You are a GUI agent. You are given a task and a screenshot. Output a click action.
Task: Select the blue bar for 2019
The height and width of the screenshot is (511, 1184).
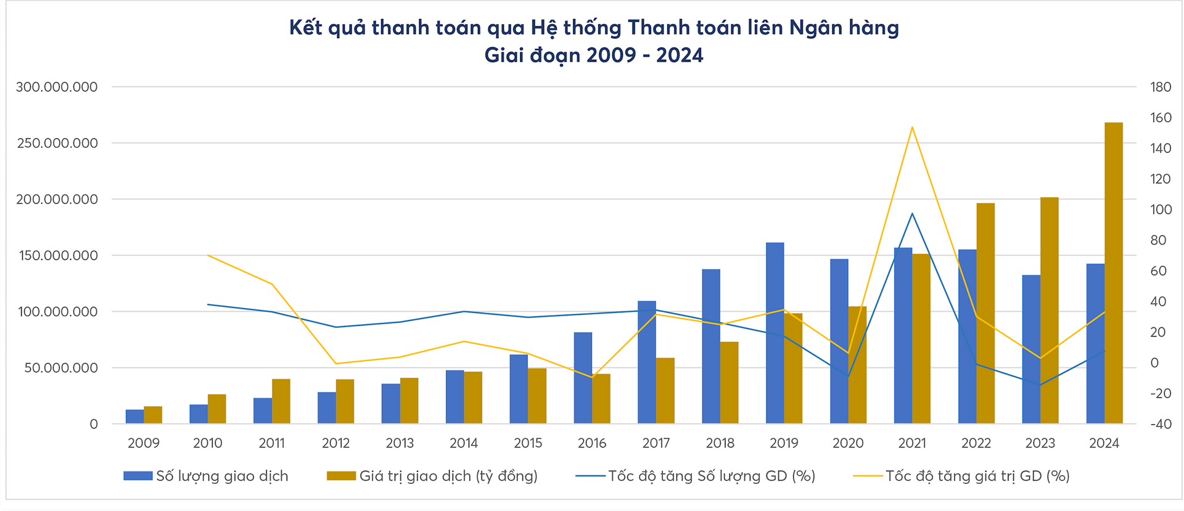[x=775, y=333]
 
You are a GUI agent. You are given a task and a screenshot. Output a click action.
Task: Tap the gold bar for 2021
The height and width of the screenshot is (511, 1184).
[x=921, y=338]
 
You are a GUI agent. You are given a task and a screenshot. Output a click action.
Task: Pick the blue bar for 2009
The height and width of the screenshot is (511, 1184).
[x=134, y=417]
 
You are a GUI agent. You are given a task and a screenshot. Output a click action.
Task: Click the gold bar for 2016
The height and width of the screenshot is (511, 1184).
[x=601, y=398]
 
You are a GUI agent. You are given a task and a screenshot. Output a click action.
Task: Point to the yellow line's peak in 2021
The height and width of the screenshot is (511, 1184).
[x=912, y=128]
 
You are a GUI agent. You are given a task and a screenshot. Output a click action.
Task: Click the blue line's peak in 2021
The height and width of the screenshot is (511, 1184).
[x=912, y=214]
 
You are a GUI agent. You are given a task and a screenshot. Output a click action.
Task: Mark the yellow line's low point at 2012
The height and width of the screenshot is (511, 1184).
[x=336, y=364]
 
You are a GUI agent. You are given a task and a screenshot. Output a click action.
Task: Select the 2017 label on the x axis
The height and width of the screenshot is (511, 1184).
[x=656, y=443]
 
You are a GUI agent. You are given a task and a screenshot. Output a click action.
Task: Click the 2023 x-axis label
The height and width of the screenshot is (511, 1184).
[x=1040, y=443]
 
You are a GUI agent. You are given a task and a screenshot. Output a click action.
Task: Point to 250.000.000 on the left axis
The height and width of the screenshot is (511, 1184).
[x=57, y=143]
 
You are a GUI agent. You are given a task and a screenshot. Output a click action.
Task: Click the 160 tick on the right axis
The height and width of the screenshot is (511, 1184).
[x=1161, y=118]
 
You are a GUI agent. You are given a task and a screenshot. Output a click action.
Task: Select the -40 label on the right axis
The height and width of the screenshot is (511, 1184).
[x=1160, y=424]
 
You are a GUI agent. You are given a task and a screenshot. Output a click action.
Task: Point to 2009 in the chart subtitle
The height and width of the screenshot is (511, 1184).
[x=611, y=55]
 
